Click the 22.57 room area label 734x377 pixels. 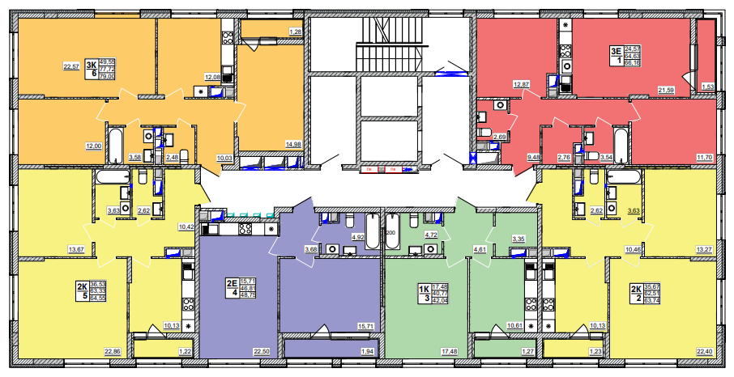tap(71, 66)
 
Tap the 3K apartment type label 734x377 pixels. tap(92, 61)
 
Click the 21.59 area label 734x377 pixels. tap(666, 89)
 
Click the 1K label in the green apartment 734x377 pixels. tap(423, 289)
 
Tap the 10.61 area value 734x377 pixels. tap(513, 326)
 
